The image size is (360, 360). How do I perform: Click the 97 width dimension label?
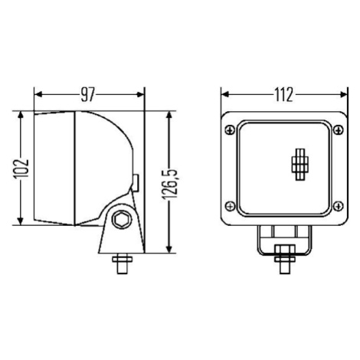[x=88, y=95]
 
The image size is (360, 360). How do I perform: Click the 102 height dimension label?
[x=21, y=169]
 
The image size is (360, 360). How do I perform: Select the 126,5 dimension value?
[x=169, y=184]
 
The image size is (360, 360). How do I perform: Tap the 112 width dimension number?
[x=284, y=95]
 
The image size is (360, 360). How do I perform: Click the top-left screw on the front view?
[x=231, y=130]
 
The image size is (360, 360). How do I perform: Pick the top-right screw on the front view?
[x=339, y=130]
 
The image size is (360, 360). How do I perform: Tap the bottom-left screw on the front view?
[x=231, y=206]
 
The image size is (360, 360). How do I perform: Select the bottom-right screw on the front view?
[x=339, y=206]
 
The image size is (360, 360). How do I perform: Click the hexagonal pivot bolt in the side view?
[x=122, y=220]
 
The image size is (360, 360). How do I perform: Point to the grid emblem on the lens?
[x=299, y=164]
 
